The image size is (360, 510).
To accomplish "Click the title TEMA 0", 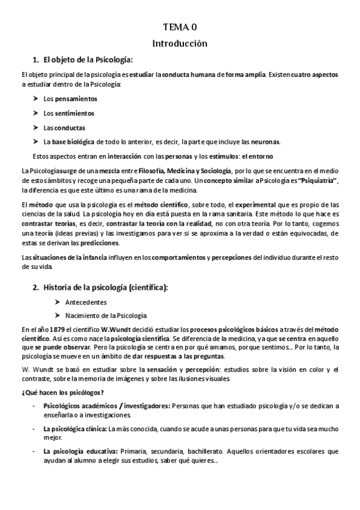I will tap(180, 27).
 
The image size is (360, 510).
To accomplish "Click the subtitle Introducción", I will tap(180, 43).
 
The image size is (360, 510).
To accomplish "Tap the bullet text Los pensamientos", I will tap(70, 99).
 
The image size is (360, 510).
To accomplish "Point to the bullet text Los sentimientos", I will tap(69, 113).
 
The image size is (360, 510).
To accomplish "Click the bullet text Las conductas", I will tap(64, 127).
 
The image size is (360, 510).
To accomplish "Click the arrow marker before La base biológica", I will tap(36, 142).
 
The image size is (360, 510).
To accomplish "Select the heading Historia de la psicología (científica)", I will tap(105, 287).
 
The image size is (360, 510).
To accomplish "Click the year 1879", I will tap(57, 330).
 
